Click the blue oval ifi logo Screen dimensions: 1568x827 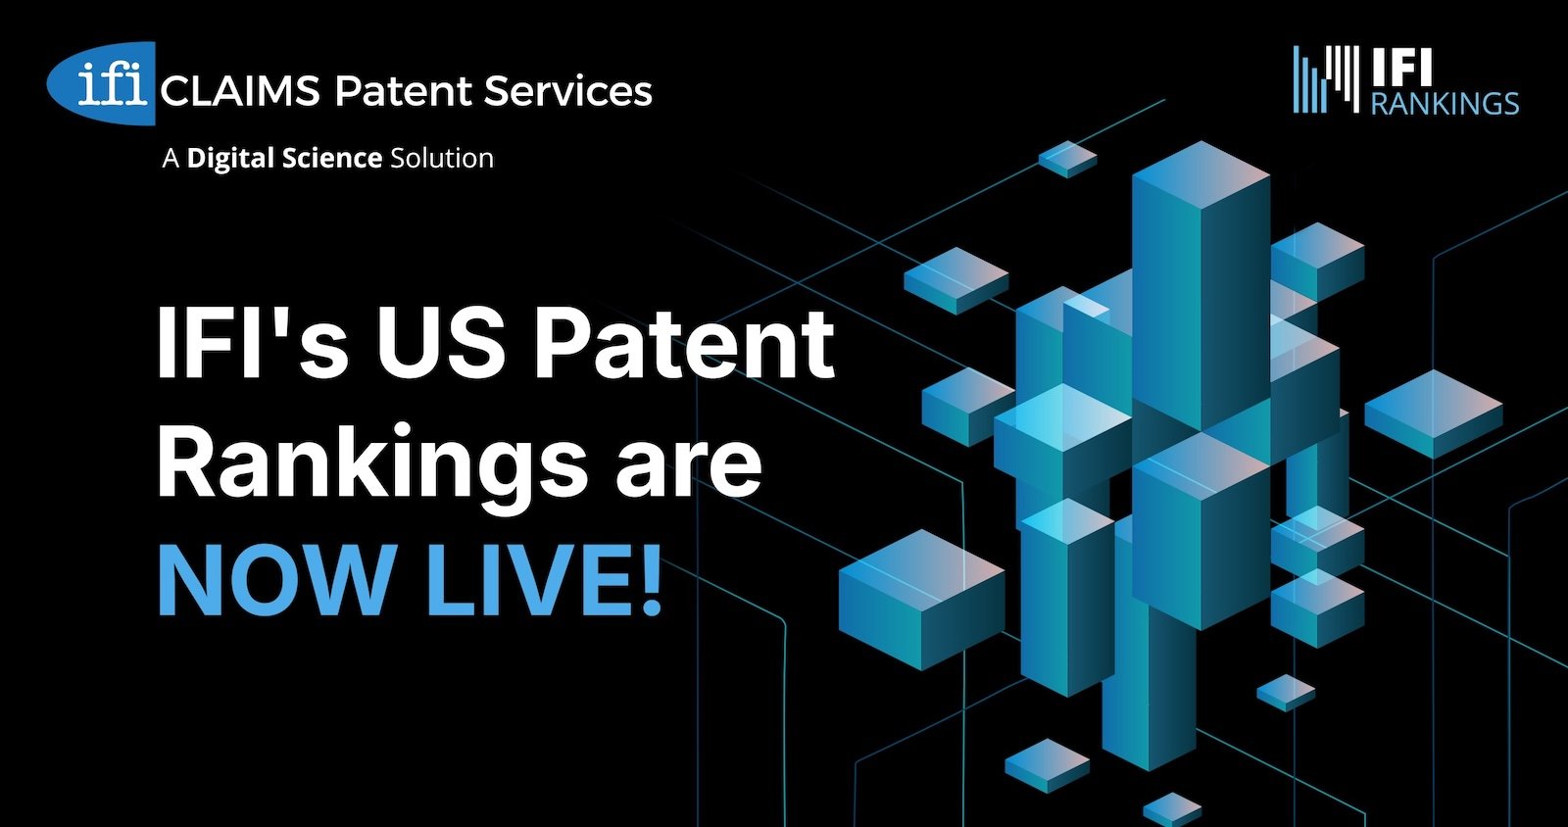click(x=102, y=84)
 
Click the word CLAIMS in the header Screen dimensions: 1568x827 click(x=240, y=92)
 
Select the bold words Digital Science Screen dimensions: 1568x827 click(x=284, y=158)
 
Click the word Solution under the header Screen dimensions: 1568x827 click(x=442, y=158)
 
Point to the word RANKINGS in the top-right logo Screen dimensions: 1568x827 click(x=1445, y=103)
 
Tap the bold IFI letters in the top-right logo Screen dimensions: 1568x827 click(x=1400, y=68)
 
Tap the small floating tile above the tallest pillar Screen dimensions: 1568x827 click(x=1067, y=159)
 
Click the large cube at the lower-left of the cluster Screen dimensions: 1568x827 click(x=922, y=600)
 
